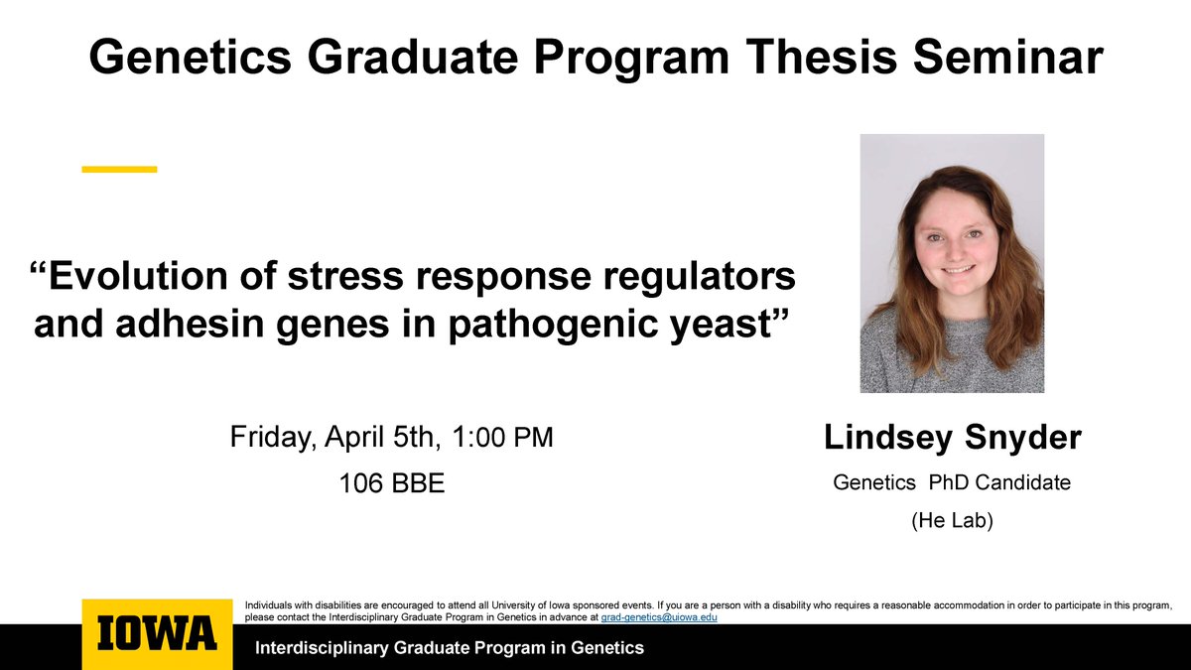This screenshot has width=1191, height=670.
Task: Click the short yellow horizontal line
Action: (x=119, y=170)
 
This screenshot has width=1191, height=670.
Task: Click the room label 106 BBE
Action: (x=392, y=483)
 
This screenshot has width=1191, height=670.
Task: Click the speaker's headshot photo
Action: (x=952, y=263)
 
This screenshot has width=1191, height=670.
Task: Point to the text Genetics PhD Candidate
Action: (x=952, y=483)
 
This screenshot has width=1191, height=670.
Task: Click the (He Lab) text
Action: (x=952, y=519)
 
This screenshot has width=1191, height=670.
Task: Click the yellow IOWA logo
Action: (x=157, y=634)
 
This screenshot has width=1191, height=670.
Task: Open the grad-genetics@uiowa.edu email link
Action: (x=659, y=616)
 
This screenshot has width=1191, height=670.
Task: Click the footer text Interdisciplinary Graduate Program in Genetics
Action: (x=450, y=648)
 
